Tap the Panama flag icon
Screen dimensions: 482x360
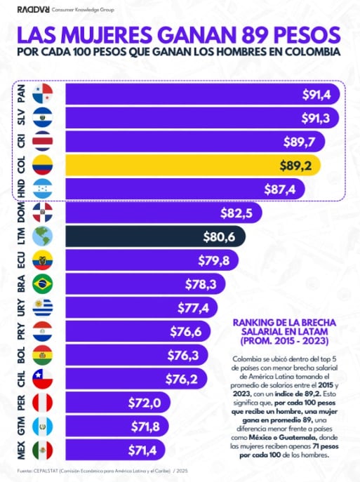point(42,93)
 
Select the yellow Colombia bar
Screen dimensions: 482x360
point(193,165)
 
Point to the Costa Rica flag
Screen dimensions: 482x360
point(42,141)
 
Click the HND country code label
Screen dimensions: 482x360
point(20,189)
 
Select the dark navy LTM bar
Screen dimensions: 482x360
point(155,236)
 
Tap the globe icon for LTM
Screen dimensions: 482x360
point(42,236)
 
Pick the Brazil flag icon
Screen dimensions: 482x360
point(42,284)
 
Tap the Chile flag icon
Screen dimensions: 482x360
point(42,380)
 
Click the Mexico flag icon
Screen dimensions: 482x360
point(42,450)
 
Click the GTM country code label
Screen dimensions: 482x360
point(20,427)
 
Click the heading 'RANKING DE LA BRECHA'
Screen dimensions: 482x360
point(287,322)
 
